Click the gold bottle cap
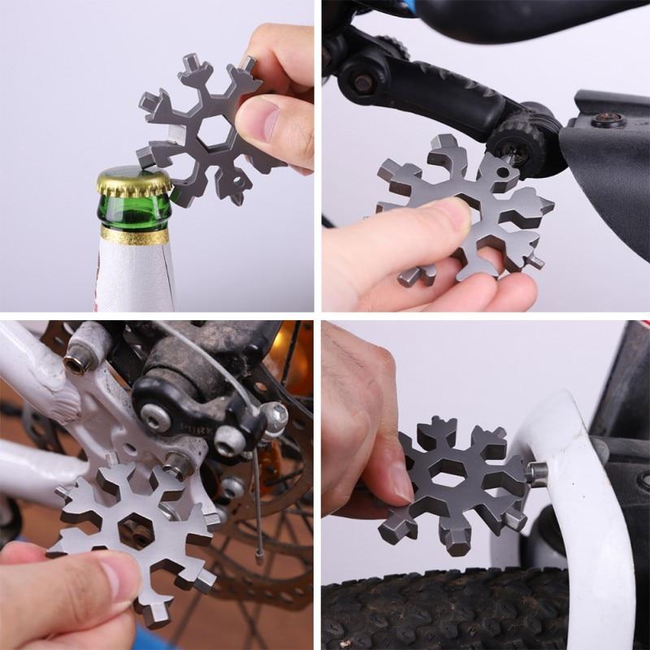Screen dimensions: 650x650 pos(135,182)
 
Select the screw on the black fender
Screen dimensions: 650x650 pos(606,120)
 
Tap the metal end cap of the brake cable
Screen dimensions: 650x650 pos(258,559)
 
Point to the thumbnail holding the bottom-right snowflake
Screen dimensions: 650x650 pos(399,479)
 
